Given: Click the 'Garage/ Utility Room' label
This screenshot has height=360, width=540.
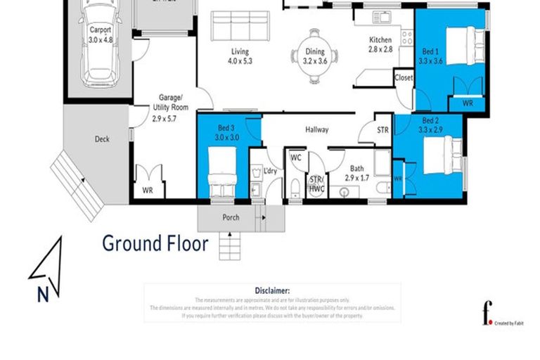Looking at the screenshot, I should coord(167,108).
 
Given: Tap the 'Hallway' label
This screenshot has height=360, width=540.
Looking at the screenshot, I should coord(316,129).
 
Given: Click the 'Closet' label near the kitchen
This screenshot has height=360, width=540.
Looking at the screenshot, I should coord(404,77).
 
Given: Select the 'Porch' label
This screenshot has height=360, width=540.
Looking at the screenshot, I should coord(231,217).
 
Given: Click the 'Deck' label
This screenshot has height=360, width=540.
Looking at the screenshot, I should coord(102,139).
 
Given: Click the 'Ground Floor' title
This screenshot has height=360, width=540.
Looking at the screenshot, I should coord(155,244).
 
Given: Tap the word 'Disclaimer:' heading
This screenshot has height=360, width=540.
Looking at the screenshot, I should coord(271,290).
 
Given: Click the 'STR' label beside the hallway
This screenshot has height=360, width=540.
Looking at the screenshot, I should coord(382,129).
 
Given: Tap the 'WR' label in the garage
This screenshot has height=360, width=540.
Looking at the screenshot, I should coord(148,190).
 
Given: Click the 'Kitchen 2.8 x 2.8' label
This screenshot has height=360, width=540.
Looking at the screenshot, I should coord(380,45).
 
